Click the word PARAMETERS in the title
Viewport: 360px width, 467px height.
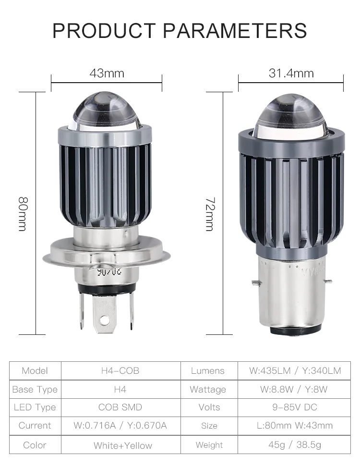coord(235,30)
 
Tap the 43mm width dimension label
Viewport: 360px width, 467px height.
coord(107,74)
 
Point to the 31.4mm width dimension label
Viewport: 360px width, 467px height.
coord(291,74)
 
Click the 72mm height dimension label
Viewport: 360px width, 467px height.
coord(209,213)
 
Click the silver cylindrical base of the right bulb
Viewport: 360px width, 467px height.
coord(290,293)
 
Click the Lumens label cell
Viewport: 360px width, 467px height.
coord(207,371)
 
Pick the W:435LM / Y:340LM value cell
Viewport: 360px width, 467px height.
coord(295,371)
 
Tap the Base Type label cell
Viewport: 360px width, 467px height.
coord(35,389)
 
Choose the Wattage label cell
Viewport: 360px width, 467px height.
coord(207,389)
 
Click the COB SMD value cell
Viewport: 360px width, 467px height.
coord(120,407)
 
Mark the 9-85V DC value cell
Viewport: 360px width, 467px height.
coord(295,407)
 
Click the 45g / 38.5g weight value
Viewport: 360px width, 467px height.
coord(295,445)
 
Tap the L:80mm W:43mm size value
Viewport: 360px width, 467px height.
coord(295,426)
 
